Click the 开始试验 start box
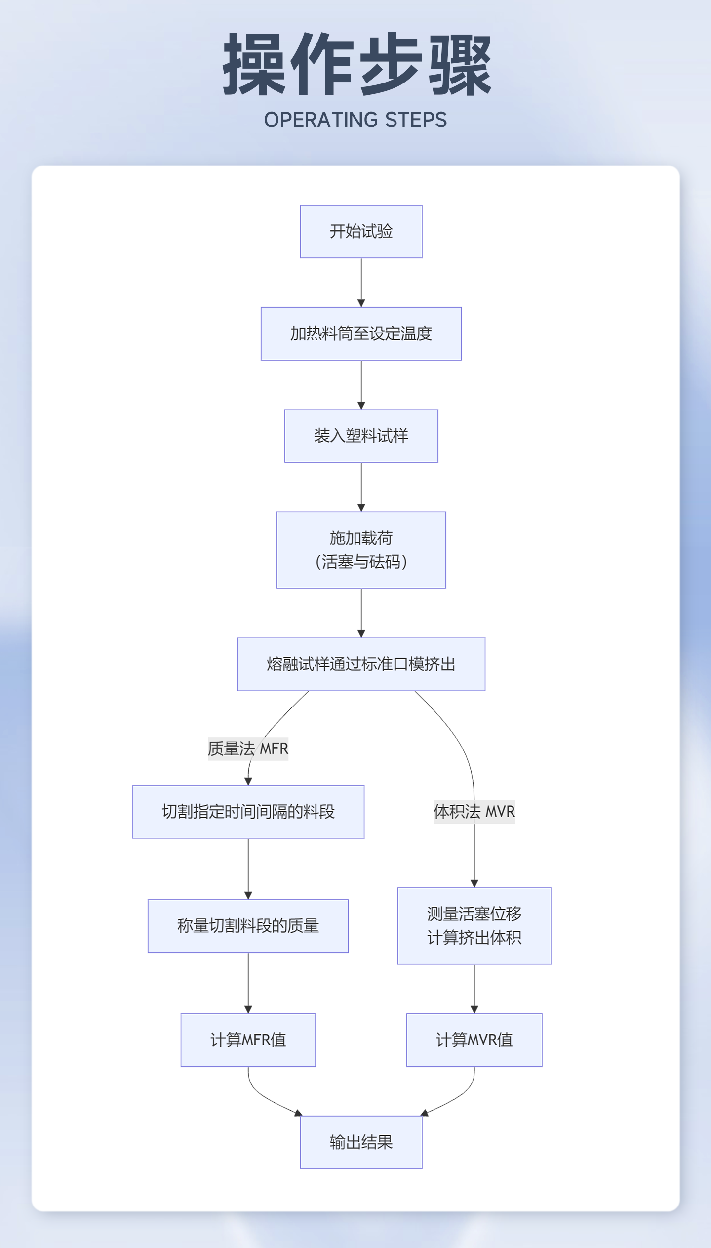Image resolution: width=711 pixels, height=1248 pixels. point(361,231)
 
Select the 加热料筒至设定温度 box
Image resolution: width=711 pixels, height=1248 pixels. point(361,333)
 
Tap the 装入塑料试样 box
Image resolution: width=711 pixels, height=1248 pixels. point(361,436)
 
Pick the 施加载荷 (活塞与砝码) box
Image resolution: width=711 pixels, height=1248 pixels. point(361,550)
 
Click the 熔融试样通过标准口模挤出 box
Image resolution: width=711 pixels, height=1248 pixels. point(361,664)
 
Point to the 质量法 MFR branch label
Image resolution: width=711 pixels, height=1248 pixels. point(248,749)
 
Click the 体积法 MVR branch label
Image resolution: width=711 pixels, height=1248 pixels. point(474,811)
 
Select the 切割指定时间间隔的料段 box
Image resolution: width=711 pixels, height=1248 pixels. point(248,812)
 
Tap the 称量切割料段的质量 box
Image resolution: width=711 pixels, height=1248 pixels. point(248,926)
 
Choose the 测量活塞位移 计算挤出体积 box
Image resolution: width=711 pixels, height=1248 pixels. point(474,926)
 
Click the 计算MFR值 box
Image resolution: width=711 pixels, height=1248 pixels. point(248,1040)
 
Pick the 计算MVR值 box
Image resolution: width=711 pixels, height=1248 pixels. point(474,1040)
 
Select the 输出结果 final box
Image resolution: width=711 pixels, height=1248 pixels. point(361,1142)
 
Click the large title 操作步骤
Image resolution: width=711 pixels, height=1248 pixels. point(356,64)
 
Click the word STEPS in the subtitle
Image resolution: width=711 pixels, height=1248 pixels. point(416,120)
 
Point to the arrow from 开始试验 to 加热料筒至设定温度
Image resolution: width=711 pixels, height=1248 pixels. point(361,282)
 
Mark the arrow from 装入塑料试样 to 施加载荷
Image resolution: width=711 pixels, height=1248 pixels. point(361,487)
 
